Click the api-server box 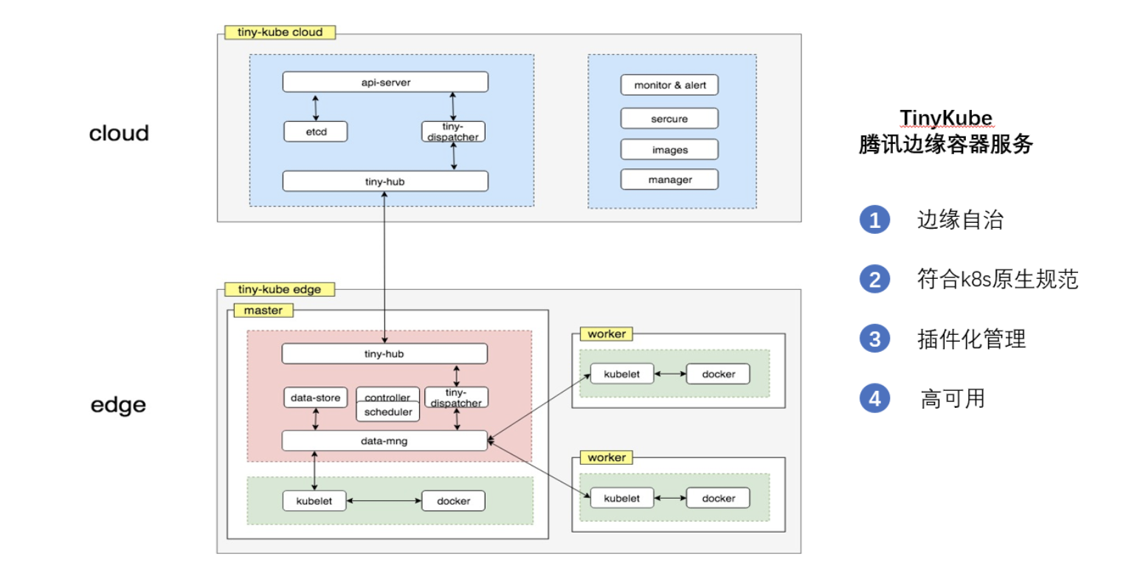(x=385, y=82)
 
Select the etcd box (x=315, y=131)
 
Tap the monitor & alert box (x=669, y=85)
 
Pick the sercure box (x=669, y=118)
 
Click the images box (x=669, y=150)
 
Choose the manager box (x=669, y=179)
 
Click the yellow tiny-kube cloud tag (x=280, y=32)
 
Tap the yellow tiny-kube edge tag (x=280, y=289)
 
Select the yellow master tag (x=263, y=311)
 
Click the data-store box (x=315, y=397)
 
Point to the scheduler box (x=388, y=412)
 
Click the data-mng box (x=384, y=440)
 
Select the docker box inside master (x=453, y=501)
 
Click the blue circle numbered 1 (x=874, y=220)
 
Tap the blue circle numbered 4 (x=874, y=398)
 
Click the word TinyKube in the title (x=946, y=117)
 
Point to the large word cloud (x=119, y=133)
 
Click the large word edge (x=118, y=405)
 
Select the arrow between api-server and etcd (x=315, y=107)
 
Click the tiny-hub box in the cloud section (x=385, y=181)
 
